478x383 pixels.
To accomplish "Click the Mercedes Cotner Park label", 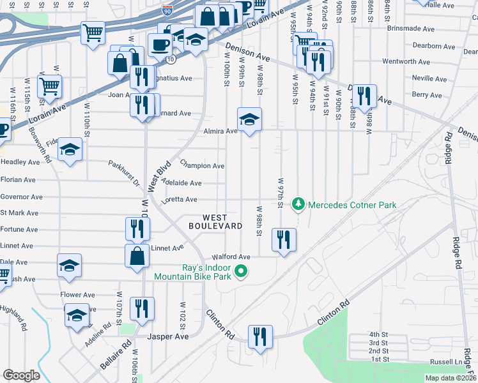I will coord(352,205).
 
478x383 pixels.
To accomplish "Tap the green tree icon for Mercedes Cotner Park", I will coord(297,205).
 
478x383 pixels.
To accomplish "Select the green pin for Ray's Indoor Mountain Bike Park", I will coord(241,272).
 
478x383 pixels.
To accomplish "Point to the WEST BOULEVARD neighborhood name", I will coord(215,222).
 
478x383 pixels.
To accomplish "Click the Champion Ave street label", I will coord(202,166).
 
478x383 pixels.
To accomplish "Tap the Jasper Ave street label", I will coord(168,336).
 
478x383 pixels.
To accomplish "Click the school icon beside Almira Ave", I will coord(250,119).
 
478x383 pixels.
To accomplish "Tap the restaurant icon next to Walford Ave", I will coord(283,239).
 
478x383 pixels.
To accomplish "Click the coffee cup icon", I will coord(159,45).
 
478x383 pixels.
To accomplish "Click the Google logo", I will coord(21,375).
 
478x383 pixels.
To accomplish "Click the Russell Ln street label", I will coord(447,362).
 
